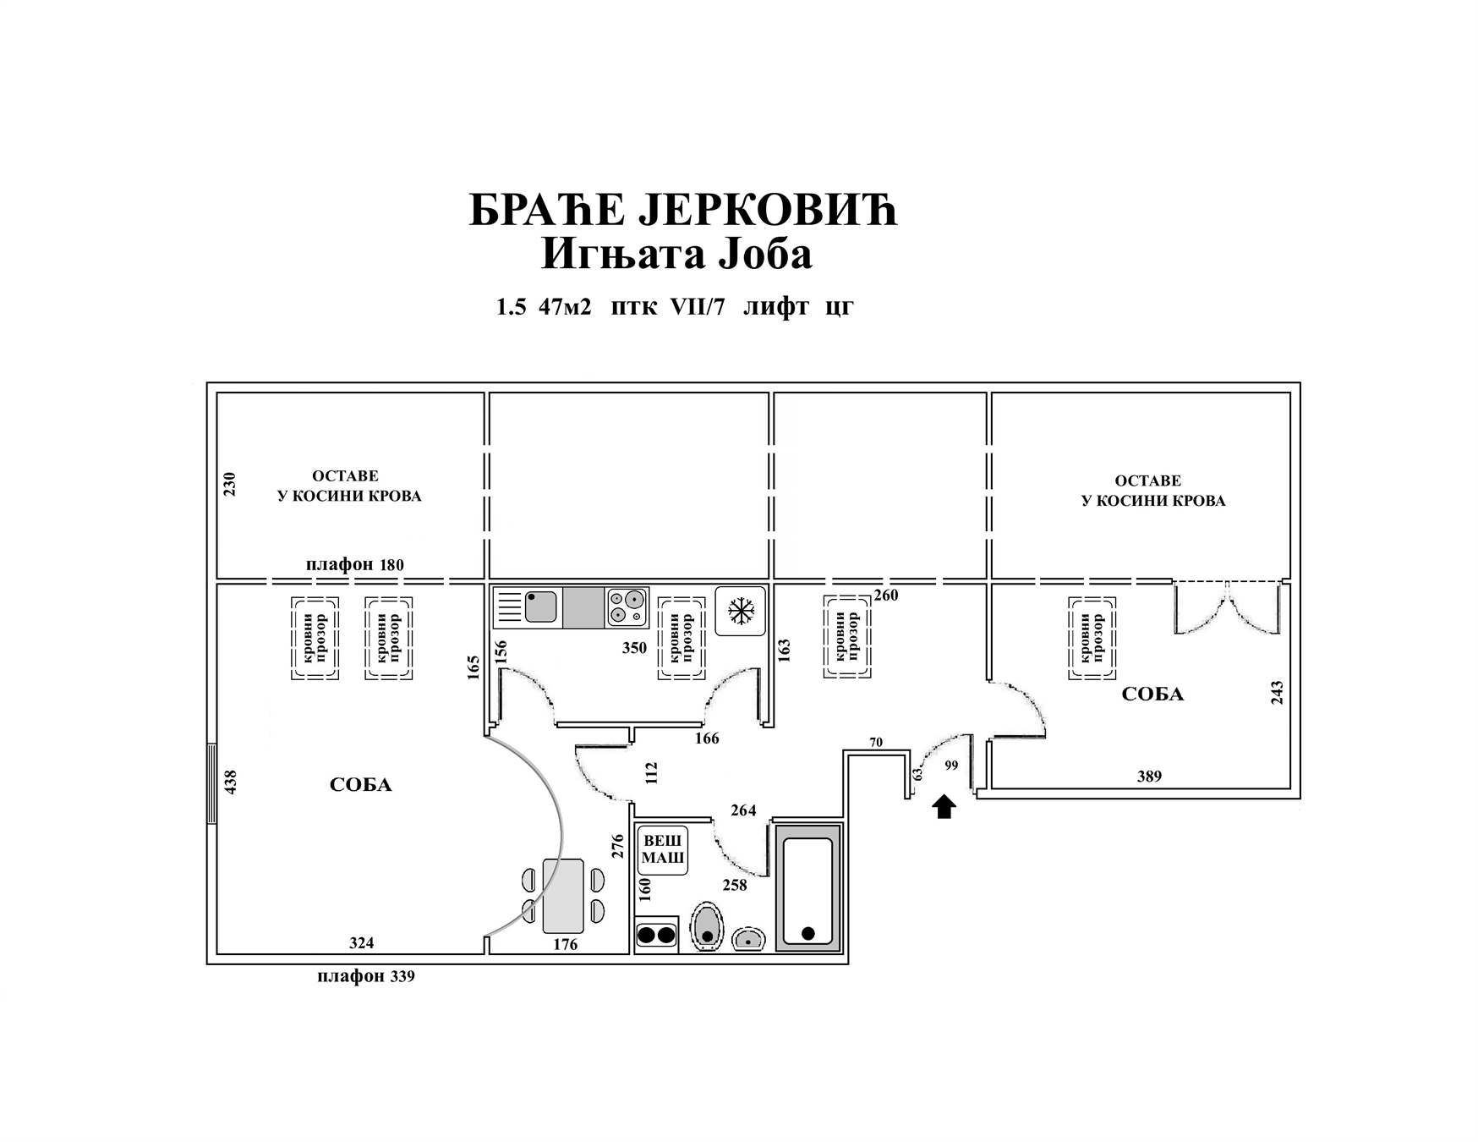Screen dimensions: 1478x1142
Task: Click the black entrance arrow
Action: point(944,807)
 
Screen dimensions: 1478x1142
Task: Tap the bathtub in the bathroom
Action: point(808,888)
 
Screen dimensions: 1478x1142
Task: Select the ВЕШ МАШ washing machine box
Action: point(663,850)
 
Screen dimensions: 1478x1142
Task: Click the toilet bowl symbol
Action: point(707,927)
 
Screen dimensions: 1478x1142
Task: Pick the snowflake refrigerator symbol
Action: point(741,611)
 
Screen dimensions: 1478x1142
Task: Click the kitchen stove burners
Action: point(627,607)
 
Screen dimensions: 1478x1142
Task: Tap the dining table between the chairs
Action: point(563,896)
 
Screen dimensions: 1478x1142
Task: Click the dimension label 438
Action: point(231,781)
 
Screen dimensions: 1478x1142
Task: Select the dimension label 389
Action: point(1149,776)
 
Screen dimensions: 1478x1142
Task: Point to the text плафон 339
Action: point(366,976)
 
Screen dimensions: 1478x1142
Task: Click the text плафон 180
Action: point(355,564)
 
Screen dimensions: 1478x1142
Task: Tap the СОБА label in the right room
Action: point(1152,695)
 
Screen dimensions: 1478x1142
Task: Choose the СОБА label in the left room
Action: point(360,785)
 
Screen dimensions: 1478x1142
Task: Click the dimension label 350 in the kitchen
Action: point(634,648)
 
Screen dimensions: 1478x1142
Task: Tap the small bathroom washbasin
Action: point(748,938)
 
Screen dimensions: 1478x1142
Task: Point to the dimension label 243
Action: point(1277,693)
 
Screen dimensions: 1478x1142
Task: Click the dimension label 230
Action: point(230,484)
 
